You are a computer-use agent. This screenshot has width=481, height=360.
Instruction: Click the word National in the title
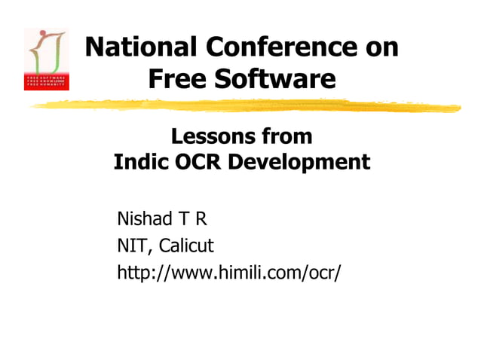(133, 47)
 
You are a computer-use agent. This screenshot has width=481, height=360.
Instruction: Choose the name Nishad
(145, 219)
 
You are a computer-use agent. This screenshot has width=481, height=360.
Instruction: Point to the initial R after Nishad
(201, 219)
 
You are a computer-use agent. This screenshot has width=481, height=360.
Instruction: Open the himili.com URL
(228, 272)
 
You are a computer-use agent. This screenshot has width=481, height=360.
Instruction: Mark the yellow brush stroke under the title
(249, 105)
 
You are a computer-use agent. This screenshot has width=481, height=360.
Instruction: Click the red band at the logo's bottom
(46, 82)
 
